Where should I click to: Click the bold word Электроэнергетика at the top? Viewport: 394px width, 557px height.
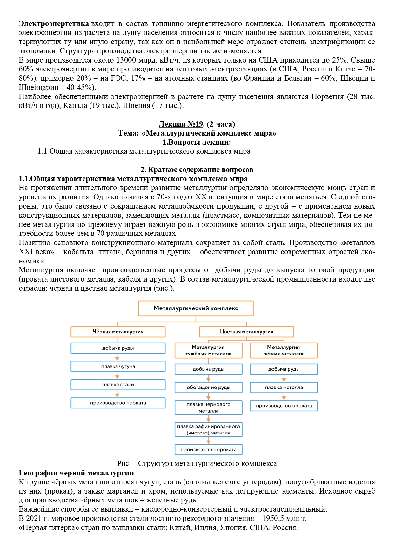pos(54,24)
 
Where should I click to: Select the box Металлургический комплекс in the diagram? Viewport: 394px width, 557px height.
pos(196,308)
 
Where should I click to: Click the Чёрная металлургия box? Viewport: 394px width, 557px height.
pos(118,332)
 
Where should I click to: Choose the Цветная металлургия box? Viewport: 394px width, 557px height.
pos(246,332)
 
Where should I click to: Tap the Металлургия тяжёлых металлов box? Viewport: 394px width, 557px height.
pos(208,351)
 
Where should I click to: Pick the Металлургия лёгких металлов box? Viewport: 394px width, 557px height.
pos(284,351)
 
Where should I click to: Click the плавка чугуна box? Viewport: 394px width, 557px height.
pos(118,367)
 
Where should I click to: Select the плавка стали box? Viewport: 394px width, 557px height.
pos(118,385)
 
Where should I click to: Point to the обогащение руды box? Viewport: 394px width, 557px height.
pos(208,388)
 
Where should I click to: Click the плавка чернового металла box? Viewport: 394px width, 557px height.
pos(208,408)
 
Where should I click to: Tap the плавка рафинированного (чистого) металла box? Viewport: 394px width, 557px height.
pos(208,430)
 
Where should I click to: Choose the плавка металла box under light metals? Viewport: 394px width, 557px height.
pos(284,388)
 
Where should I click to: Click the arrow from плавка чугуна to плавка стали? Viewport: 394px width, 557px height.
pos(117,376)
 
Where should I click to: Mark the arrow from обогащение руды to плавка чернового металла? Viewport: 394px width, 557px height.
pos(208,397)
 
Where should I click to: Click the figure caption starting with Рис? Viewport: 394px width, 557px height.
pos(197,464)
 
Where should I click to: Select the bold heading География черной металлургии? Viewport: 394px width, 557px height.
pos(76,473)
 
